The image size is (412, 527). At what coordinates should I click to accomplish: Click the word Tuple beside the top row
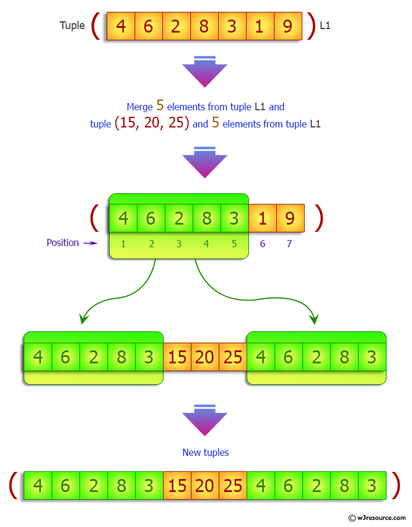[72, 25]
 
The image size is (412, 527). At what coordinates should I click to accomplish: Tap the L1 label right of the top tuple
[325, 25]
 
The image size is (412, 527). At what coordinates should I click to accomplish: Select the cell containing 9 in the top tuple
[288, 26]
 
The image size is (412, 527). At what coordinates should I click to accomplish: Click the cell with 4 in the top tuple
[121, 26]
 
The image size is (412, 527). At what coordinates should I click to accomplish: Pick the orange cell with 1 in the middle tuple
[263, 218]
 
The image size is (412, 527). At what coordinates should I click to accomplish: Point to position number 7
[289, 244]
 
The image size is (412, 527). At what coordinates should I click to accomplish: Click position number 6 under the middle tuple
[263, 244]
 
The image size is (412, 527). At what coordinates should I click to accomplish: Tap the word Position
[62, 242]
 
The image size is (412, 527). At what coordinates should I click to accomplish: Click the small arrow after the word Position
[90, 243]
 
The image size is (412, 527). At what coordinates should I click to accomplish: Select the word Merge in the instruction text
[139, 107]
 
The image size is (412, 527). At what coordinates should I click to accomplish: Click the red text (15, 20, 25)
[152, 123]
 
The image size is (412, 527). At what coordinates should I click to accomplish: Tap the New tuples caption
[206, 453]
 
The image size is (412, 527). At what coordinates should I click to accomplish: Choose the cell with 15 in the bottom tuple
[177, 486]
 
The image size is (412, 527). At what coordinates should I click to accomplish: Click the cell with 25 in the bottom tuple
[233, 486]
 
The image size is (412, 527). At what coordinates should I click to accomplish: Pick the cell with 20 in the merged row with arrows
[205, 357]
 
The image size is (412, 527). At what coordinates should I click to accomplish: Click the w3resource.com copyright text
[376, 518]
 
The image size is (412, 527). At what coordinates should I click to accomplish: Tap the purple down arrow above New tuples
[205, 420]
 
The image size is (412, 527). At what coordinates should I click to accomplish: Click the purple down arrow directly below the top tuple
[205, 72]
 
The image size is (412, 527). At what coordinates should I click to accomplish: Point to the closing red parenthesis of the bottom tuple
[396, 486]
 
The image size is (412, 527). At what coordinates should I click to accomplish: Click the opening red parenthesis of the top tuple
[96, 26]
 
